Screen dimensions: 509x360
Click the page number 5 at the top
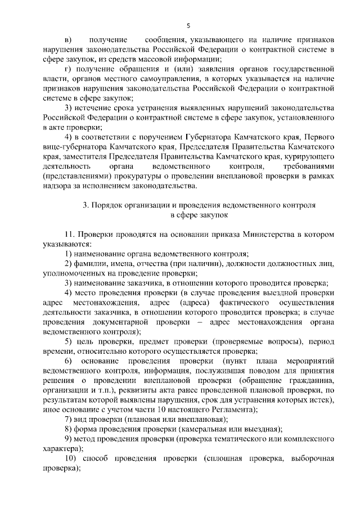tap(188, 25)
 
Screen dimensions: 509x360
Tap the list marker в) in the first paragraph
tap(68, 40)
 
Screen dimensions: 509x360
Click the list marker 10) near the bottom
tap(70, 458)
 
